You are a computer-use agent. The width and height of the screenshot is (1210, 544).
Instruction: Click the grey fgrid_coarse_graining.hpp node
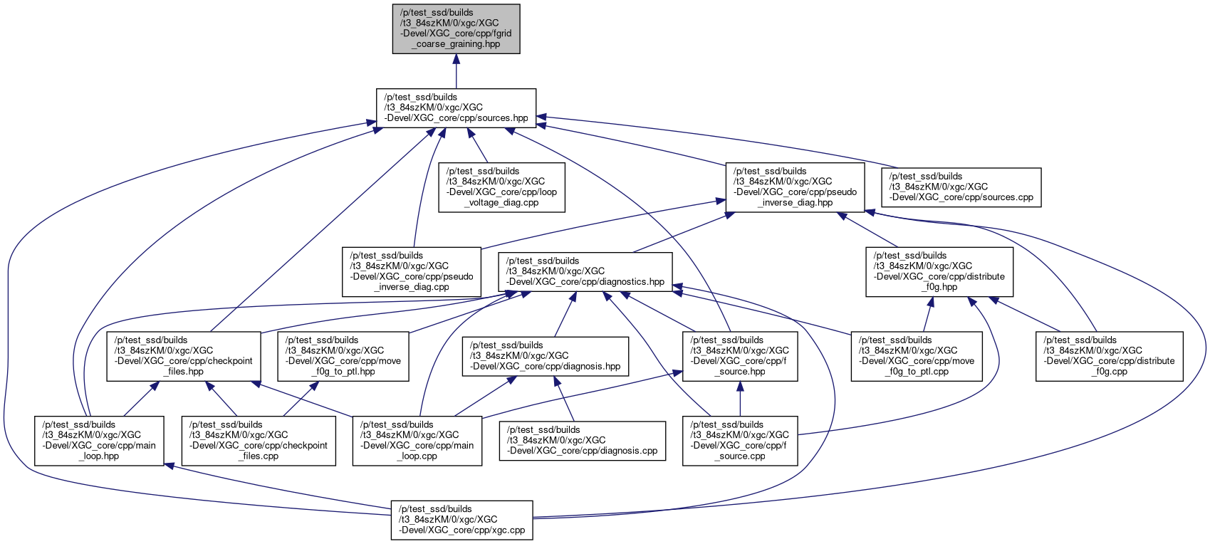click(456, 28)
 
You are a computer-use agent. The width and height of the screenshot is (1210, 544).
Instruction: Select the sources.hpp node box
click(456, 108)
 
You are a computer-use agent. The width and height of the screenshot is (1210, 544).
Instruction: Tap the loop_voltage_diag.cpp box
click(501, 187)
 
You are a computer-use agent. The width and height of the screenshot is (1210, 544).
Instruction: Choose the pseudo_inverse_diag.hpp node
click(795, 187)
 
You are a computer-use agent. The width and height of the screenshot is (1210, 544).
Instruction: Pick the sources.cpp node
click(961, 187)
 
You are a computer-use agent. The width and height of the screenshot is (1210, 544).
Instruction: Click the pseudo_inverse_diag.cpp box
click(412, 271)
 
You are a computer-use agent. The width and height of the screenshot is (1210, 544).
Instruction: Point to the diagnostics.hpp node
click(585, 271)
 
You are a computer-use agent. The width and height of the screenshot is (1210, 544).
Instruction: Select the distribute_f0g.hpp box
click(939, 271)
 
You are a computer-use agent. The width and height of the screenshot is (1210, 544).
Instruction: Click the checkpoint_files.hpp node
click(184, 356)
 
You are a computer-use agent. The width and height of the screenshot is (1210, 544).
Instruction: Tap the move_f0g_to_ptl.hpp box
click(343, 356)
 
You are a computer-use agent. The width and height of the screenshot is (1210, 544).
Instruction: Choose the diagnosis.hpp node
click(546, 356)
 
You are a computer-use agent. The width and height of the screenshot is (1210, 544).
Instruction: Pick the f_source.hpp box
click(740, 356)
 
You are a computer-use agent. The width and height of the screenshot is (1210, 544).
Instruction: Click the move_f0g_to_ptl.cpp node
click(917, 356)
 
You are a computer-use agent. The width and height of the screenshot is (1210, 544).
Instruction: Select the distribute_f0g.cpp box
click(1109, 356)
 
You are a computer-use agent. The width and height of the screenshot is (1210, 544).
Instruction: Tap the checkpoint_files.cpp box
click(259, 441)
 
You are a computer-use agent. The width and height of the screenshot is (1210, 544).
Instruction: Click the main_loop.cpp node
click(417, 441)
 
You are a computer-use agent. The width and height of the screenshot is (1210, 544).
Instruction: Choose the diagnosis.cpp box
click(583, 441)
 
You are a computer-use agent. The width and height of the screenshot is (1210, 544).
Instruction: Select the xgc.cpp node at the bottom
click(462, 520)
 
